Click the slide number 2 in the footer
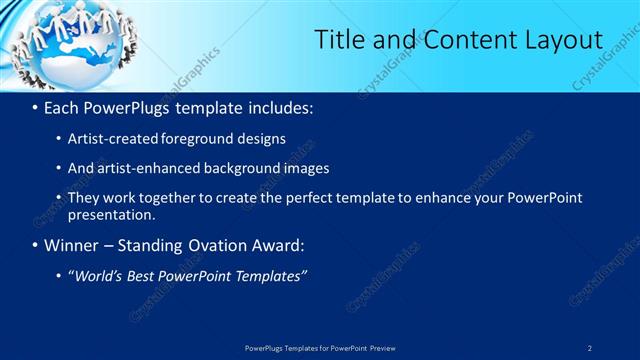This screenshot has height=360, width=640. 590,348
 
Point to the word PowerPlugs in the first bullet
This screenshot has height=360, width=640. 127,106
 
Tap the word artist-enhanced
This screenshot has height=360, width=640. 138,168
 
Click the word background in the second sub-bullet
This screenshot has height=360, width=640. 229,168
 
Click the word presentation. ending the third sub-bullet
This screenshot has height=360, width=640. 111,214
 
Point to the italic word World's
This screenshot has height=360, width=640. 101,275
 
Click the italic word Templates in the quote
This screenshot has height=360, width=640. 271,275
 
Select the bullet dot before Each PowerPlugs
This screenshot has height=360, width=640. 36,107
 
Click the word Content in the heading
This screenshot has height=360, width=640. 455,40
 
